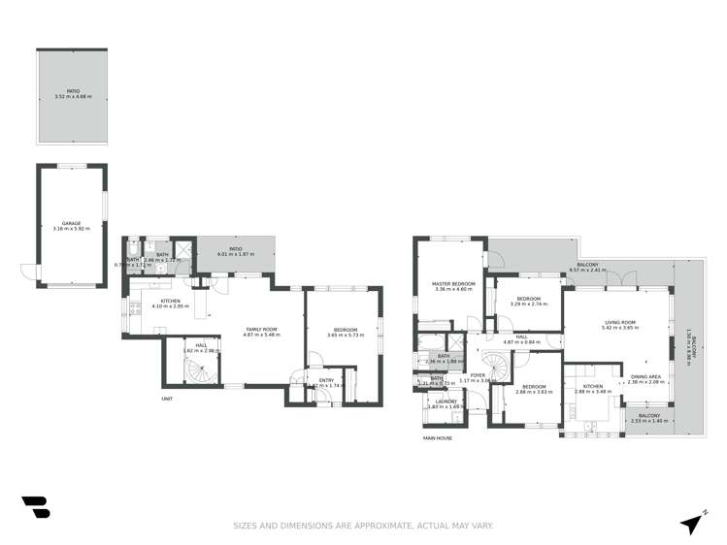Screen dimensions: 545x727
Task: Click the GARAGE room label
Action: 72,223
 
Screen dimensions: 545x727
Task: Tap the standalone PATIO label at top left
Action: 72,92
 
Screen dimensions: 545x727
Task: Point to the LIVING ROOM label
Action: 619,323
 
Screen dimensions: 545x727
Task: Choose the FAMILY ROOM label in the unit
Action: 261,329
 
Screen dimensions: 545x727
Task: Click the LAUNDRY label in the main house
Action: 446,401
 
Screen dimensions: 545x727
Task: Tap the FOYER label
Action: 478,374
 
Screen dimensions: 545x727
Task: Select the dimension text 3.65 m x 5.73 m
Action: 346,335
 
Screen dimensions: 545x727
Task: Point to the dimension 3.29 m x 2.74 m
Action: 528,304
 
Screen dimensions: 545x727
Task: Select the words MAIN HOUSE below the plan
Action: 437,438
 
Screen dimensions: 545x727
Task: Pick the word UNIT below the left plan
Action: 167,398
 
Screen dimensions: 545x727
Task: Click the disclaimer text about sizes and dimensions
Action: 363,526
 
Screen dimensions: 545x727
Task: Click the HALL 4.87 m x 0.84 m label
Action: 521,339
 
